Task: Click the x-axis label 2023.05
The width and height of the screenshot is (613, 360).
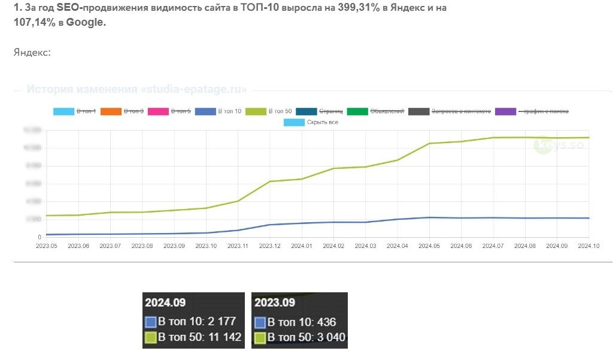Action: [46, 246]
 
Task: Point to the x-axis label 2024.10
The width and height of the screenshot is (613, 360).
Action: [588, 246]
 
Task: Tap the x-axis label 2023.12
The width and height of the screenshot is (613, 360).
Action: [270, 246]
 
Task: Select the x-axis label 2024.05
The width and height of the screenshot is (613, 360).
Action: [429, 246]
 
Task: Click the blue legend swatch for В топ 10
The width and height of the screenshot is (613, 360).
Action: [205, 111]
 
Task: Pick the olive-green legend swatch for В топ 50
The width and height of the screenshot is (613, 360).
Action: [255, 111]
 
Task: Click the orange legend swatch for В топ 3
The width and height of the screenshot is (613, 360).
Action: [110, 111]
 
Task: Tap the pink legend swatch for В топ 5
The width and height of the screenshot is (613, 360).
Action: [158, 111]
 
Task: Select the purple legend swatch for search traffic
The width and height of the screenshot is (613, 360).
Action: [506, 111]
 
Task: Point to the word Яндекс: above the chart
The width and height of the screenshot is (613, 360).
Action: [32, 53]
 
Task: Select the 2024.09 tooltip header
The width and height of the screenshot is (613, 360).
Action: [163, 302]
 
